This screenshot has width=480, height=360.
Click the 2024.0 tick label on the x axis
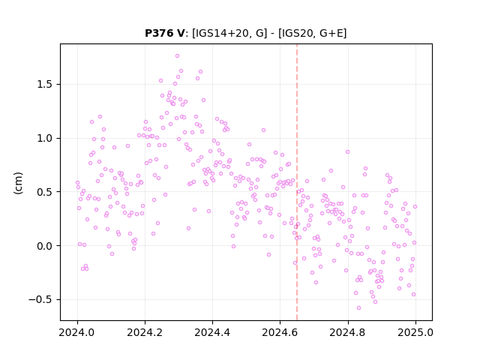pyautogui.click(x=77, y=332)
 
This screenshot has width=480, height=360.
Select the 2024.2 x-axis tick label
pyautogui.click(x=145, y=332)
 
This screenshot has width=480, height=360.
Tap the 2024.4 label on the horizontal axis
pyautogui.click(x=212, y=332)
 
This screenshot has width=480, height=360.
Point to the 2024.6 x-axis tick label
pyautogui.click(x=280, y=332)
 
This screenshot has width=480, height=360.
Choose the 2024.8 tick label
pyautogui.click(x=348, y=332)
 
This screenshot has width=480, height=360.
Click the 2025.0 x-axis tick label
pyautogui.click(x=415, y=332)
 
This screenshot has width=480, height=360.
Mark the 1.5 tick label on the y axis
pyautogui.click(x=46, y=85)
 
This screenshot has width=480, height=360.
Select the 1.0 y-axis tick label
pyautogui.click(x=46, y=138)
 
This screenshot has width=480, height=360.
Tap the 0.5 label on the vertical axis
pyautogui.click(x=46, y=192)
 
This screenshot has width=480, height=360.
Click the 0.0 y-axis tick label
pyautogui.click(x=46, y=246)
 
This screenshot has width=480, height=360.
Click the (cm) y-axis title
pyautogui.click(x=18, y=183)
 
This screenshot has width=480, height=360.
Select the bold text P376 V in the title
pyautogui.click(x=165, y=33)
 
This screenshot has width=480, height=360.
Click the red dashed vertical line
pyautogui.click(x=297, y=182)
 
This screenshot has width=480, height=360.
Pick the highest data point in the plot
pyautogui.click(x=177, y=56)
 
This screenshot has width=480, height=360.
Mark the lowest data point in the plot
pyautogui.click(x=358, y=308)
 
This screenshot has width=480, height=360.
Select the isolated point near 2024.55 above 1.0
pyautogui.click(x=263, y=130)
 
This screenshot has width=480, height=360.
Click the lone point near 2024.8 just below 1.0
pyautogui.click(x=347, y=151)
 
